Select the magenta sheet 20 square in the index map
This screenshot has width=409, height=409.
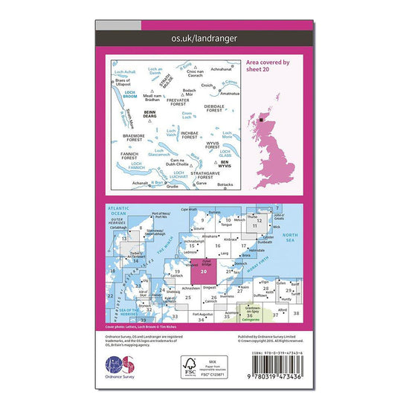(x=204, y=271)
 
